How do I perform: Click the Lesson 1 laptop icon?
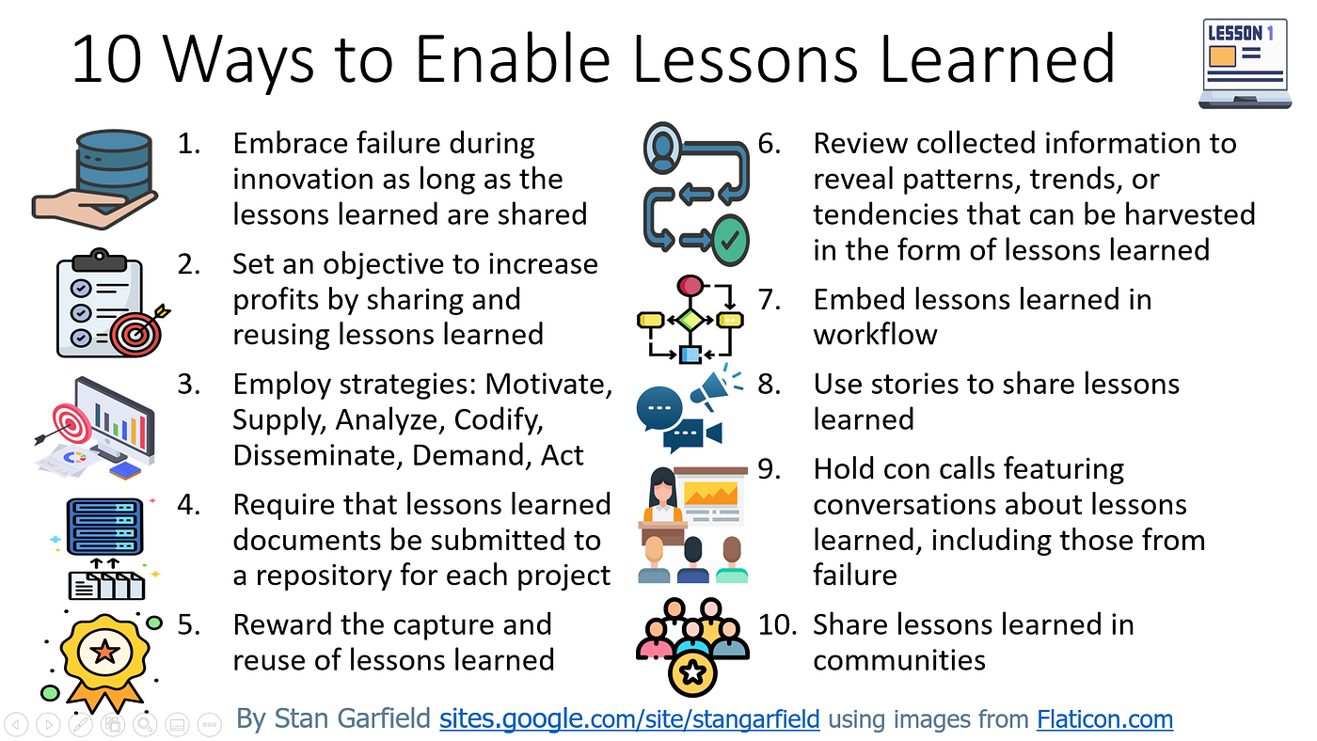[x=1243, y=63]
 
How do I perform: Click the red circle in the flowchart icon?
[x=690, y=286]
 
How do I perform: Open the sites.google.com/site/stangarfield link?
[x=629, y=720]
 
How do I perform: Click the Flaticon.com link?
[x=1104, y=720]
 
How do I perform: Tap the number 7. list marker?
[x=770, y=300]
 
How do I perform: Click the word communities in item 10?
[x=898, y=661]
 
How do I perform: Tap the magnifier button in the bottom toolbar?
[x=144, y=724]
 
